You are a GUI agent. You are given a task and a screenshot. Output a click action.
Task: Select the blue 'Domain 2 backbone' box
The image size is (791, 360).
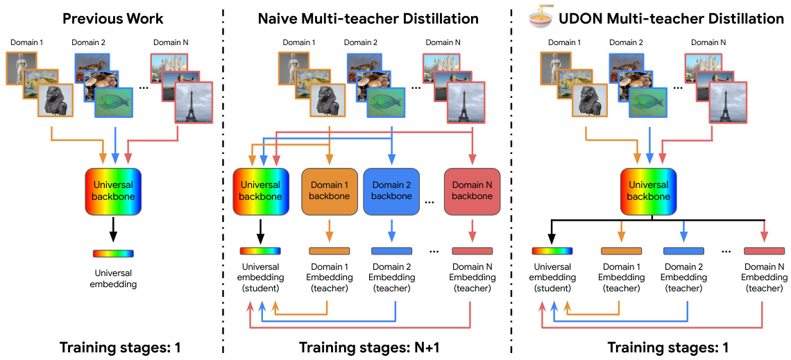pyautogui.click(x=391, y=191)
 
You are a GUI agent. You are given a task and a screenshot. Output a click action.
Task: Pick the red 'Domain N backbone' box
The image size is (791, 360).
pyautogui.click(x=472, y=191)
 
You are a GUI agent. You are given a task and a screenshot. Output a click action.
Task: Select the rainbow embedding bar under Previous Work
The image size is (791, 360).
pyautogui.click(x=113, y=254)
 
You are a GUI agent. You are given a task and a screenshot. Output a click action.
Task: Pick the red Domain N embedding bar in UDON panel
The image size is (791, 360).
pyautogui.click(x=764, y=251)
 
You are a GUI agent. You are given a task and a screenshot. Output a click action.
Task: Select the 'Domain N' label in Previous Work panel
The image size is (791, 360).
pyautogui.click(x=173, y=43)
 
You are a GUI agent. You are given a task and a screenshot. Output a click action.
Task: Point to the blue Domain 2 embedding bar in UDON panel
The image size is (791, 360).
pyautogui.click(x=683, y=251)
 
